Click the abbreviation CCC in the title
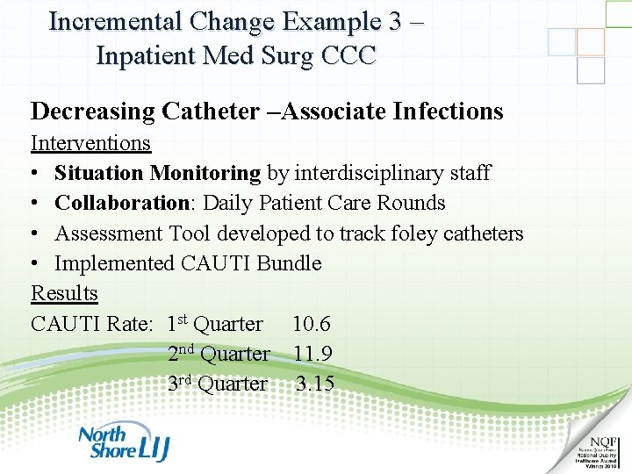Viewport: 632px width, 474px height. click(348, 56)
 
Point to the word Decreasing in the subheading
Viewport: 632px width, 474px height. click(92, 111)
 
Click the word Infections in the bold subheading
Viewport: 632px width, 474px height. click(449, 111)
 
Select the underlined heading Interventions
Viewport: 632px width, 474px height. click(90, 142)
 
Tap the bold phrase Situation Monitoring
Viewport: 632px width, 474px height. click(157, 173)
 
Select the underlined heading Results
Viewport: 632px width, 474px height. click(64, 293)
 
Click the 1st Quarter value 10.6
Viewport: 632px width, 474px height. click(312, 324)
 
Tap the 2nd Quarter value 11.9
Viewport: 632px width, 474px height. click(312, 354)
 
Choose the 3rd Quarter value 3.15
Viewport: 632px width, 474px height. click(315, 384)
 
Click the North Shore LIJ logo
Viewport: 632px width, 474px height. click(124, 442)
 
